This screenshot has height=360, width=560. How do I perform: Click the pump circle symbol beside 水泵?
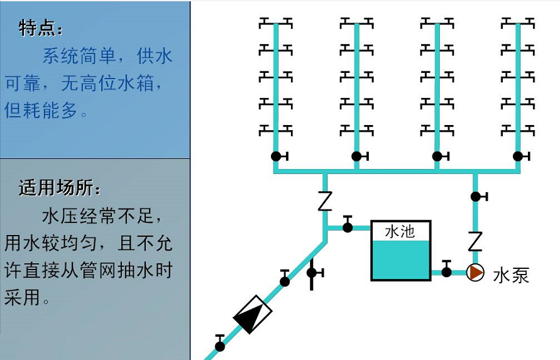tap(475, 273)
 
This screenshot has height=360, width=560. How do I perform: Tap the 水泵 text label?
tap(511, 275)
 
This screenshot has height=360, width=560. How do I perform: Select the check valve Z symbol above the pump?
tap(475, 241)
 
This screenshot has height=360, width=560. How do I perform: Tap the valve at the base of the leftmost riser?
tap(276, 156)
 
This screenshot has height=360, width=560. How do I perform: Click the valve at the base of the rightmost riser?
tap(518, 156)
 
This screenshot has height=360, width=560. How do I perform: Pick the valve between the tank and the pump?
tap(446, 271)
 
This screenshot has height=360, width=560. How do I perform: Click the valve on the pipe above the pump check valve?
tap(476, 197)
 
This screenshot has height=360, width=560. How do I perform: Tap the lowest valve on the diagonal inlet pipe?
tap(220, 345)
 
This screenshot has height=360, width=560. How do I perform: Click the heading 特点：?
tap(41, 28)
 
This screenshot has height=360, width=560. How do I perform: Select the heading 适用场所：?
tap(60, 188)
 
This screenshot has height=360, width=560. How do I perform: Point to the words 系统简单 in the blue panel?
tap(79, 57)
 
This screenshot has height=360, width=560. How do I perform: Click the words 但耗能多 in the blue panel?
tap(41, 111)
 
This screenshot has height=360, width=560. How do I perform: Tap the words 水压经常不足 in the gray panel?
tap(97, 217)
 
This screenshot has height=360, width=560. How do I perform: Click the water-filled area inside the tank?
tap(400, 260)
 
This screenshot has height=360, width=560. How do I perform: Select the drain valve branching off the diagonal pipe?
tap(312, 273)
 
